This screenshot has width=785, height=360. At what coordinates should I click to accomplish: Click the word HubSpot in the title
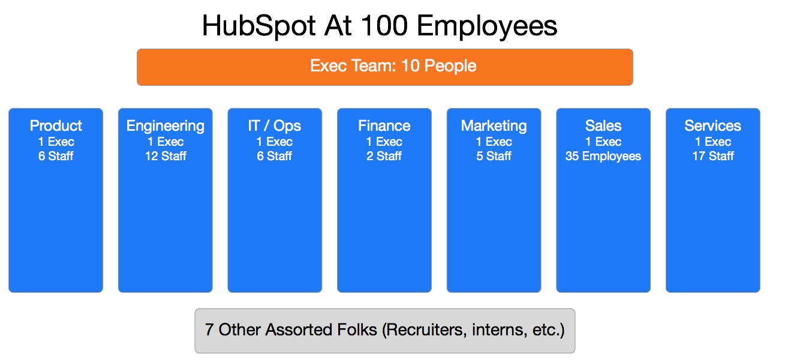(258, 26)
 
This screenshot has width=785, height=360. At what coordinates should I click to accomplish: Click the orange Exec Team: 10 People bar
(385, 67)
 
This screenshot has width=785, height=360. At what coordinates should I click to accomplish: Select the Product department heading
(56, 125)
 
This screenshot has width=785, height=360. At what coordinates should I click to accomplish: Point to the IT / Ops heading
(275, 126)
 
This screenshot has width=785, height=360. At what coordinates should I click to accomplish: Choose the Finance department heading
(384, 125)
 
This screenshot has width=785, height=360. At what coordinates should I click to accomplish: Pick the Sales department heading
(603, 125)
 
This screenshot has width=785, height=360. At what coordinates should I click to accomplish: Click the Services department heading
(713, 125)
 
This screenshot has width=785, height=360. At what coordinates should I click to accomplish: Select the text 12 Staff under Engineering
(166, 156)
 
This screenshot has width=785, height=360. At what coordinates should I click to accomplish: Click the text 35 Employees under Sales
(603, 157)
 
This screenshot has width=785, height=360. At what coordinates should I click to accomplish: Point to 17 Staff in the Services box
(713, 156)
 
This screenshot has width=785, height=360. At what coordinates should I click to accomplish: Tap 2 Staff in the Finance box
(384, 156)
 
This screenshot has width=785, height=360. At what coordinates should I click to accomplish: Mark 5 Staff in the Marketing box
(494, 156)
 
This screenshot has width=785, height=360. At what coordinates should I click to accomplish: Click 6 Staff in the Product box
(56, 156)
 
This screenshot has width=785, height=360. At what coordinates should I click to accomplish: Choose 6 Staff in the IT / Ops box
(275, 156)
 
